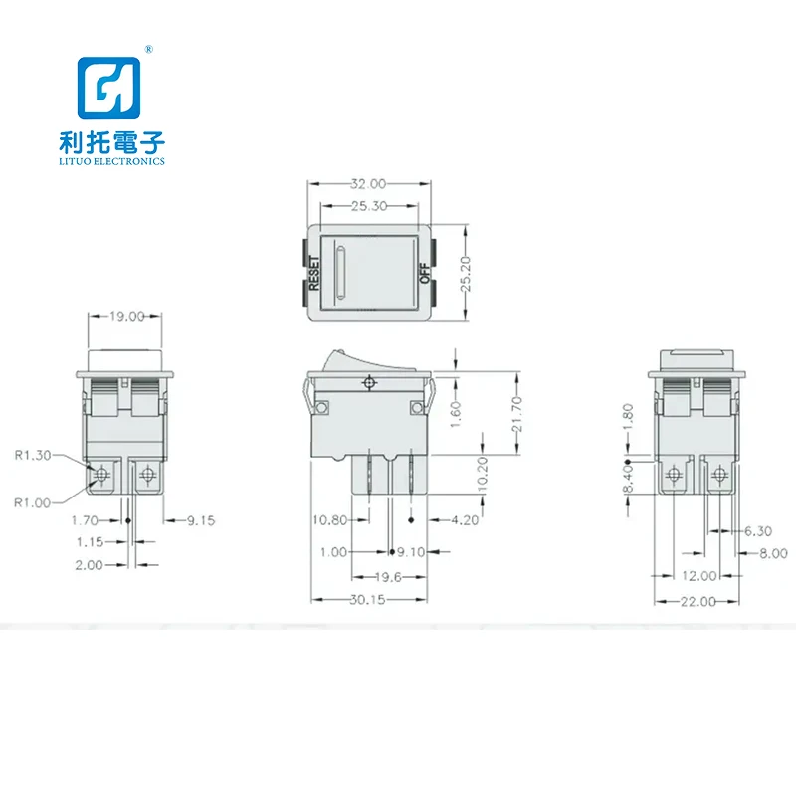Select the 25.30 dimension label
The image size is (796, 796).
coord(370,206)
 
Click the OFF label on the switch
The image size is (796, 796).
coord(423,273)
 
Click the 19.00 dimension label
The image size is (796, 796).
coord(126,316)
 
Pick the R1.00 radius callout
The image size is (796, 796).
coord(31,502)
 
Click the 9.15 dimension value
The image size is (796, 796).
coord(199,520)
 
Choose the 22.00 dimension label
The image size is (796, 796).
coord(697,600)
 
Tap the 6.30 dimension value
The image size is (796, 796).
coord(758,531)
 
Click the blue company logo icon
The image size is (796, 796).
coord(111,91)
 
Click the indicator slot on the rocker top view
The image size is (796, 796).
coord(341,272)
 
